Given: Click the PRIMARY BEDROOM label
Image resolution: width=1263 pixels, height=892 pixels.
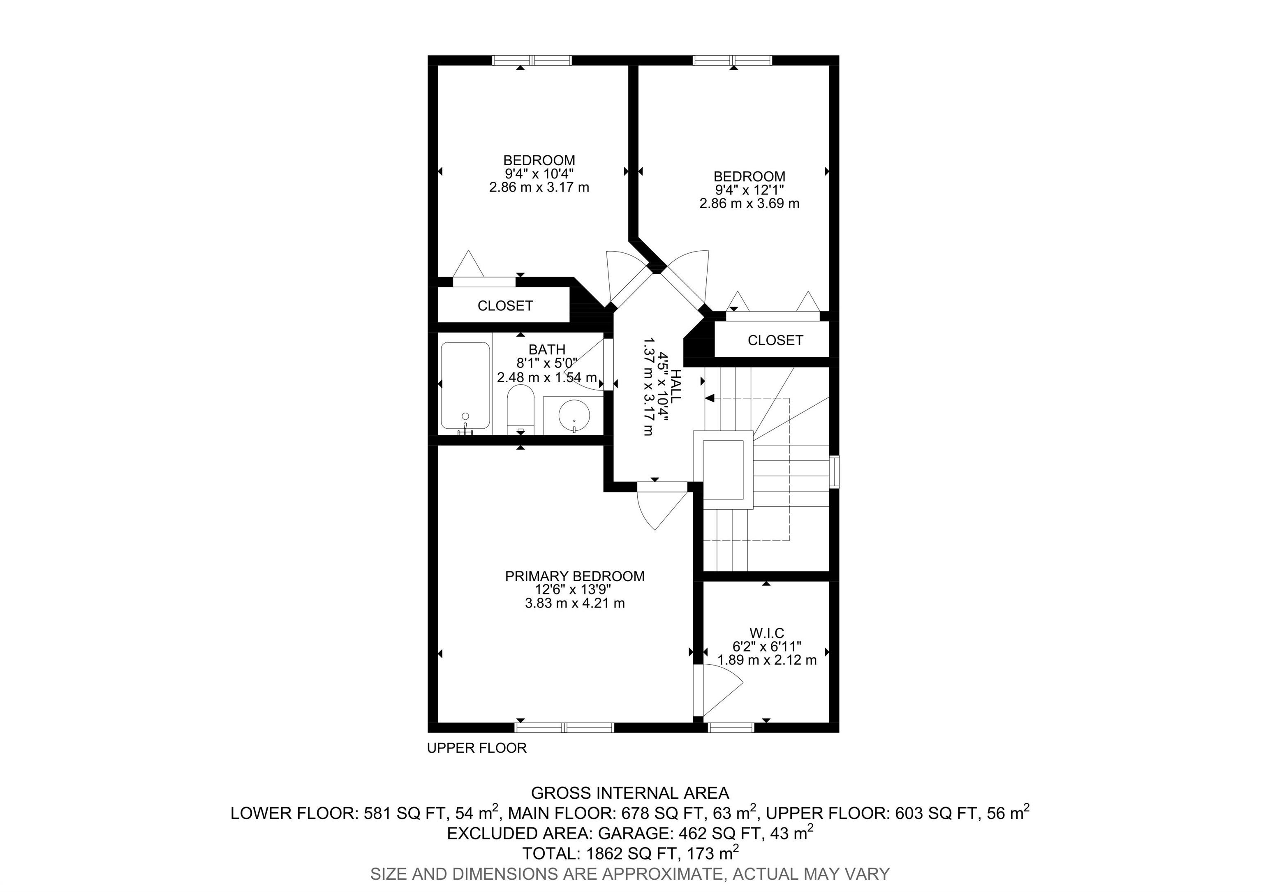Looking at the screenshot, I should coord(574,576).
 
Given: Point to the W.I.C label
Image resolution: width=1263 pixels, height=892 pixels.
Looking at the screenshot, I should coord(766,633).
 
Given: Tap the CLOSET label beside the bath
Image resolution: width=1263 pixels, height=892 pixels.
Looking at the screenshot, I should coord(505,306).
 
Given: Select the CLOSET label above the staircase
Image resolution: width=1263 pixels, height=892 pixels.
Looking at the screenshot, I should coord(775,340).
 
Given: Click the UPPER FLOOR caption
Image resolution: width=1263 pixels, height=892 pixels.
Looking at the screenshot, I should coord(477,748).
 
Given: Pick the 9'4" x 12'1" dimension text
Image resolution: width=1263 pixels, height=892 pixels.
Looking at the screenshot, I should coord(749,190).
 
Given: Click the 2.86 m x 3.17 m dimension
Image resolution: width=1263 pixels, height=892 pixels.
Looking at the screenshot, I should coord(539,187).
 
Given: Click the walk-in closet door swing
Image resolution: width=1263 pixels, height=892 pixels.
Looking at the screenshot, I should coord(721,690).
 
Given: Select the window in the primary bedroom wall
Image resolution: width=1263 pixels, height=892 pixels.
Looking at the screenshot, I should coord(564,728).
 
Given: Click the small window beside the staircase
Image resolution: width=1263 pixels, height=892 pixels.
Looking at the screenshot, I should coord(835,471).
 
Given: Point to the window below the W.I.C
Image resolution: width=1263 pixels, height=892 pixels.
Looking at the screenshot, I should coord(731,728).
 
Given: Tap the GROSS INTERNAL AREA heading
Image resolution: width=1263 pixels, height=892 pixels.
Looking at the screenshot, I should coord(630,793).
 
